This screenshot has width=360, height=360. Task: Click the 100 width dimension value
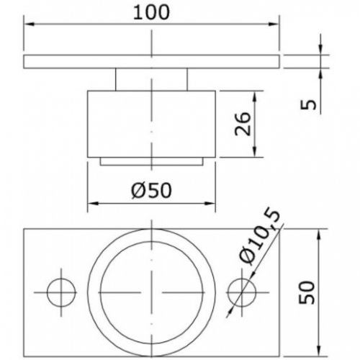151,12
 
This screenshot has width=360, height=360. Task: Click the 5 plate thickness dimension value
310,104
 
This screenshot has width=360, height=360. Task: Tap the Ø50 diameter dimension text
151,191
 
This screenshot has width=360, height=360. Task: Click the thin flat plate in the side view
151,62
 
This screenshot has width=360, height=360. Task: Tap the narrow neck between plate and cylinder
151,78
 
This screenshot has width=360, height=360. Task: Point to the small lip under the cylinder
151,161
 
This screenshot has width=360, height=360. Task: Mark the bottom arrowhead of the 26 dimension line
253,153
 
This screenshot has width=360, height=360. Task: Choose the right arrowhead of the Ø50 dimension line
212,205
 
